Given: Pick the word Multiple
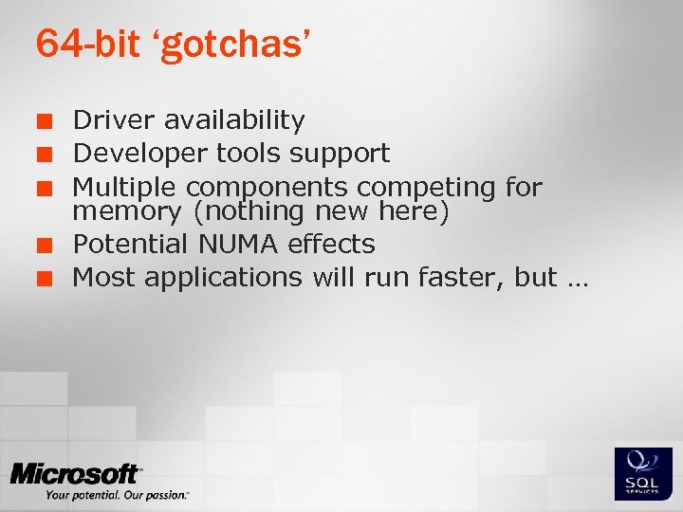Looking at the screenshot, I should (x=125, y=187).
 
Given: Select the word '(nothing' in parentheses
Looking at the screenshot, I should (x=237, y=210).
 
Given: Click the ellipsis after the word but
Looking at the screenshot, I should (x=577, y=281).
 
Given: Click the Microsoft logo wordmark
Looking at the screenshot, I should (x=75, y=475).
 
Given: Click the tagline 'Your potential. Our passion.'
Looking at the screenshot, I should (x=117, y=496).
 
